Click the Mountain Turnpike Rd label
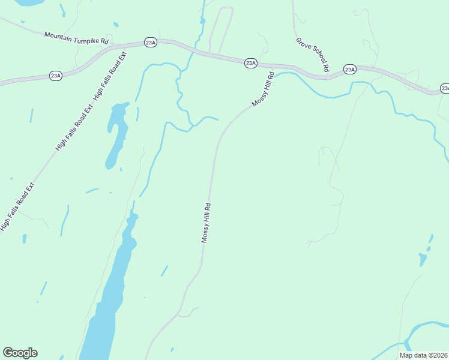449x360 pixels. pyautogui.click(x=76, y=38)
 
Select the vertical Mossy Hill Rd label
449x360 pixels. pyautogui.click(x=206, y=223)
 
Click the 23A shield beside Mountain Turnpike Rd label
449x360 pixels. pyautogui.click(x=150, y=43)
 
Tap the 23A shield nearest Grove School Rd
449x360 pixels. pyautogui.click(x=350, y=70)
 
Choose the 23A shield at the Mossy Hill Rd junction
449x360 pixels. pyautogui.click(x=251, y=63)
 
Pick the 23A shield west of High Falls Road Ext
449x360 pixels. pyautogui.click(x=56, y=76)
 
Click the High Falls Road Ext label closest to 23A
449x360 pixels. pyautogui.click(x=110, y=76)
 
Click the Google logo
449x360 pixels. pyautogui.click(x=20, y=353)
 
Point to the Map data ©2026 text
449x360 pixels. pyautogui.click(x=423, y=355)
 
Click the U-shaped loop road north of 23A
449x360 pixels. pyautogui.click(x=220, y=30)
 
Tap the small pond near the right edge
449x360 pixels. pyautogui.click(x=423, y=259)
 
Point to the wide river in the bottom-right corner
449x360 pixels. pyautogui.click(x=426, y=328)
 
